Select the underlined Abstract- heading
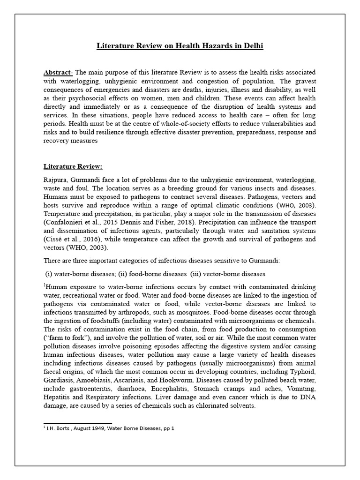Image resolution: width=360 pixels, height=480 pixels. [59, 72]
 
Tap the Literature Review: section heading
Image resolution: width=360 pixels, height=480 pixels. [73, 166]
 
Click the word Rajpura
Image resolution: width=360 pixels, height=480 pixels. [56, 180]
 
